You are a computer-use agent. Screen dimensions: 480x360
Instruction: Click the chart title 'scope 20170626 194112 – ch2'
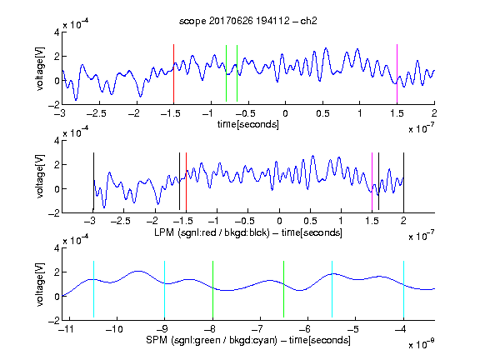pos(248,21)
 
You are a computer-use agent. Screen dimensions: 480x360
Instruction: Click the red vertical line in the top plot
pos(173,74)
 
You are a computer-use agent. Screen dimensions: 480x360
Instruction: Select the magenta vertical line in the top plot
pos(397,74)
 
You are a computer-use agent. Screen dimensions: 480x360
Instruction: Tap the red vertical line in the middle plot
pos(186,182)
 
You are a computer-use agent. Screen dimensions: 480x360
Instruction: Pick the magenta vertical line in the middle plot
pos(372,182)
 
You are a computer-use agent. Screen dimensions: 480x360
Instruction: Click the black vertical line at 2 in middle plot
pos(403,182)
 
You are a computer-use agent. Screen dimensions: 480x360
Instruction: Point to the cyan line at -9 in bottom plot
pos(164,289)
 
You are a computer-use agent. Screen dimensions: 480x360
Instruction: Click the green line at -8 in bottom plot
pos(212,289)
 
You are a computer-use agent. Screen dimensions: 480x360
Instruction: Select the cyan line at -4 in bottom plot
pos(403,289)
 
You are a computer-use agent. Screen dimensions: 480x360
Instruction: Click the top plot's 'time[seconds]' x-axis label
pos(248,124)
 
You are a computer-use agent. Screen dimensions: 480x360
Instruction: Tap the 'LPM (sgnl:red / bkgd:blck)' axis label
pos(212,232)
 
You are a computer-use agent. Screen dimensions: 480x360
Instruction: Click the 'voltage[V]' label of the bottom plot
pos(40,284)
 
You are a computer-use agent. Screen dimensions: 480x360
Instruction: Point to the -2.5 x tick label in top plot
pos(97,113)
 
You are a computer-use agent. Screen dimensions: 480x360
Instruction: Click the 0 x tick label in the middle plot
pos(279,221)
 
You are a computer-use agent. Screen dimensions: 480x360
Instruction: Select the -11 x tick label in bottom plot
pos(66,329)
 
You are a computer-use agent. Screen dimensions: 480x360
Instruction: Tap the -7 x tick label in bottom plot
pos(259,329)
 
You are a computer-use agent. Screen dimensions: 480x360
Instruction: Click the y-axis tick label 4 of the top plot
pos(57,32)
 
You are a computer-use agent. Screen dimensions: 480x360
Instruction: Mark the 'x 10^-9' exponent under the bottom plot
pos(421,343)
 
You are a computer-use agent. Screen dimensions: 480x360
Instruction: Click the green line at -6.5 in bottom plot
pos(284,289)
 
